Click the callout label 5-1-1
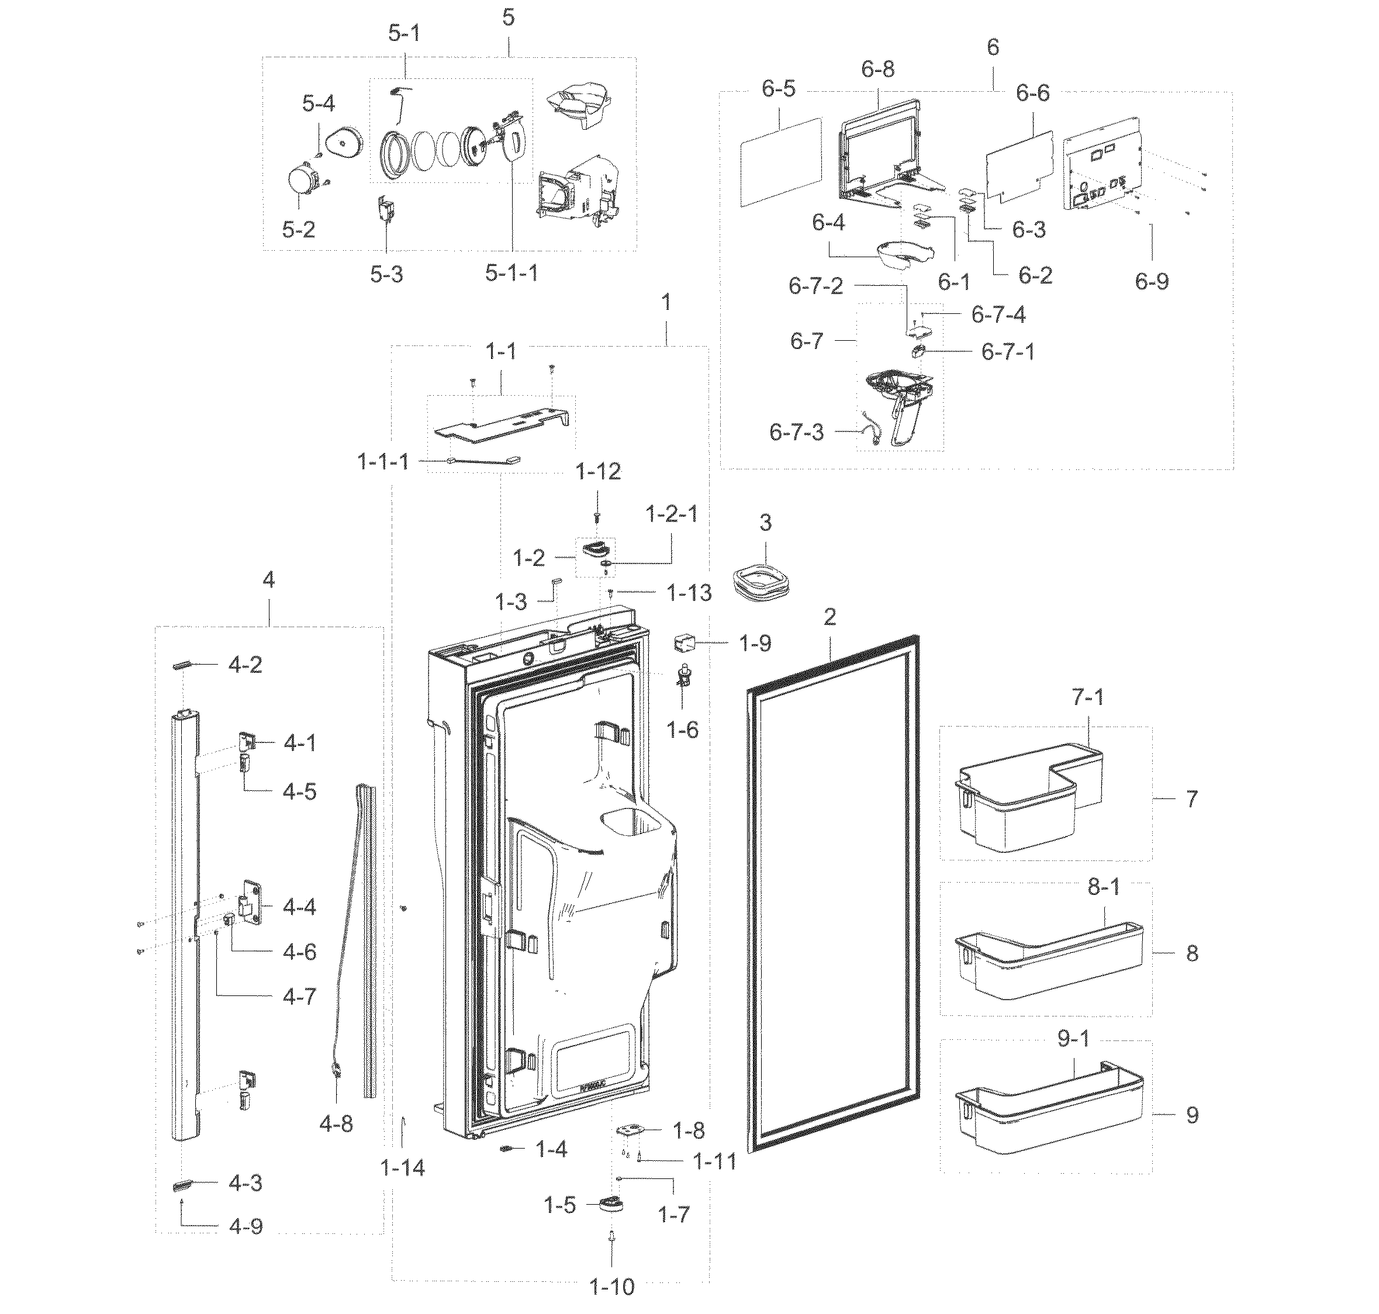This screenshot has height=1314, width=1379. (511, 273)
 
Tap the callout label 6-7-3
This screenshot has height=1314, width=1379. (796, 432)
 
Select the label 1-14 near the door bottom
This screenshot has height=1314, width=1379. (403, 1168)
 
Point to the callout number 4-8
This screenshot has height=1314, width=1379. (336, 1124)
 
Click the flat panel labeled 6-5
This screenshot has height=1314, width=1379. (779, 162)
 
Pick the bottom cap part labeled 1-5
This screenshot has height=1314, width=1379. (611, 1204)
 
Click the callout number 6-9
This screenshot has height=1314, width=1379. (1152, 282)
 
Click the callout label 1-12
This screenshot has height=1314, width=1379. (598, 471)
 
